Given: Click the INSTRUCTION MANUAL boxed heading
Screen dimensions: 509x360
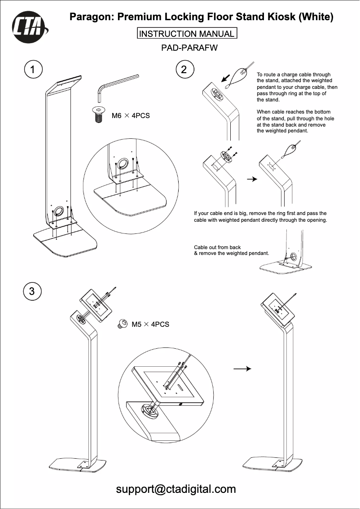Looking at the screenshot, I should [186, 34].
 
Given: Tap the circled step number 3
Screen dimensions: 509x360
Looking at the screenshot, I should [32, 291].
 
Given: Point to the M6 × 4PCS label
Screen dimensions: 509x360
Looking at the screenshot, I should [130, 116].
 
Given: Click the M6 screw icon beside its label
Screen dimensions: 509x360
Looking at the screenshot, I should [97, 114].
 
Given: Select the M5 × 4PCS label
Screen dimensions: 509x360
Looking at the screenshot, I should [150, 324].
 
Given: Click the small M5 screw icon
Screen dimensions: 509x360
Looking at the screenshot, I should [122, 324].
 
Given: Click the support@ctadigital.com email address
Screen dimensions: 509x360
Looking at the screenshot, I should [176, 489].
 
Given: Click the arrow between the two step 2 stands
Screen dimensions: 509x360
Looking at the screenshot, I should [253, 179].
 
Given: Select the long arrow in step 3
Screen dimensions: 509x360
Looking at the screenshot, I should [241, 369].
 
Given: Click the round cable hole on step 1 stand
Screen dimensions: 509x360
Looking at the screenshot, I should [59, 211].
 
